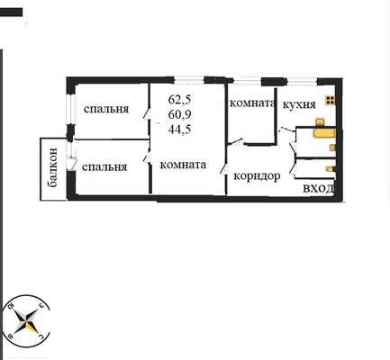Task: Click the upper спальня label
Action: (106, 109)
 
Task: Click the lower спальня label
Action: (104, 167)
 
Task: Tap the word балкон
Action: (53, 167)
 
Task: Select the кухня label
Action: (299, 104)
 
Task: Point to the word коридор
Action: (257, 176)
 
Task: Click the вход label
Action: (318, 189)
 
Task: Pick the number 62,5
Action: (179, 99)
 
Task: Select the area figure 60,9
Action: (179, 114)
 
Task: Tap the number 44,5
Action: (179, 130)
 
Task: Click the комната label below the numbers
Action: (183, 165)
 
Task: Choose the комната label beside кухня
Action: (252, 103)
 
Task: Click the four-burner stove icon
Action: (330, 101)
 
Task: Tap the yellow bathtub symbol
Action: (324, 133)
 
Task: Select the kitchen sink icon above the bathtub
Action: (320, 121)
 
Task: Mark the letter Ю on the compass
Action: (12, 306)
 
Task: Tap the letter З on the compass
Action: (41, 306)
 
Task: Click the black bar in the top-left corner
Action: (11, 13)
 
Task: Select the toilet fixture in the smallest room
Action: (330, 169)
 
